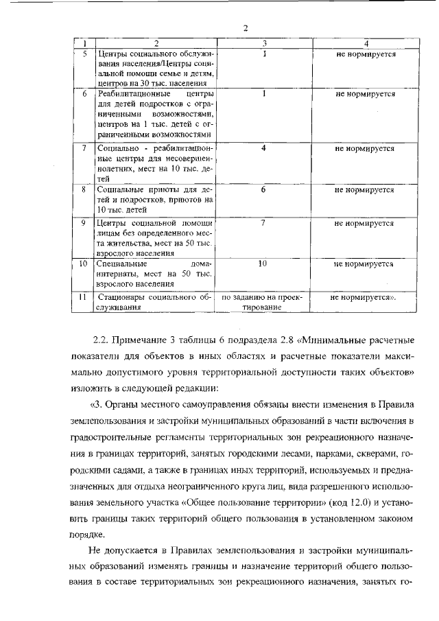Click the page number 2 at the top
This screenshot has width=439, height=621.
[x=244, y=27]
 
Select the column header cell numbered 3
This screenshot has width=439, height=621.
[x=264, y=43]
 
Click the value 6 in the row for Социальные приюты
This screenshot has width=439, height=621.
[x=263, y=189]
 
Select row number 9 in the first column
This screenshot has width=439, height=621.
[x=83, y=223]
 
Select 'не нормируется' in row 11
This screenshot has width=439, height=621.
[x=363, y=298]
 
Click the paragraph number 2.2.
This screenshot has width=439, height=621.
[x=101, y=340]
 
